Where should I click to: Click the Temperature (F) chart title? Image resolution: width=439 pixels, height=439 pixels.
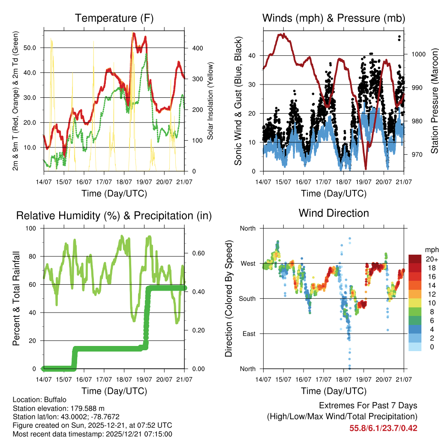pos(114,18)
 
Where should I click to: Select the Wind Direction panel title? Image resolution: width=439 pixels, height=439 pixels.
pos(334,213)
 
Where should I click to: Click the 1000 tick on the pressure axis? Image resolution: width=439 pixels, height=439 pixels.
pos(418,54)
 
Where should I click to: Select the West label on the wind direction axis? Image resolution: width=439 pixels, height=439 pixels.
pos(248,263)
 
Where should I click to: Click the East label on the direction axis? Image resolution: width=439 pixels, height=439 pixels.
pos(249,334)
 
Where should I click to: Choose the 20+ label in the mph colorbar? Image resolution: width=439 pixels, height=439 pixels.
pos(431,259)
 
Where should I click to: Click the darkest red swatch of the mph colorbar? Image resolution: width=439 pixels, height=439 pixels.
pos(415,259)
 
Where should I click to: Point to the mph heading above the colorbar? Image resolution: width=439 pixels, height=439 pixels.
pos(431,250)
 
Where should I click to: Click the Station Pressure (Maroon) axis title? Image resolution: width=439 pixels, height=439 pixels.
pos(434,100)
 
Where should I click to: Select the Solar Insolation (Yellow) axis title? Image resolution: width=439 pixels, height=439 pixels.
pos(210,100)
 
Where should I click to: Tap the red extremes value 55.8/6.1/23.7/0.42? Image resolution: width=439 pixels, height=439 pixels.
pos(383,428)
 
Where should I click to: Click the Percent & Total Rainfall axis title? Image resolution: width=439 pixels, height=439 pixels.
pos(16,298)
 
